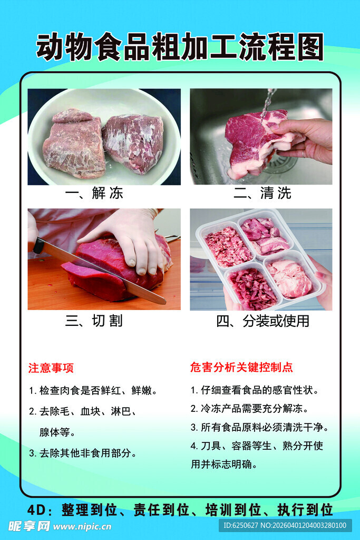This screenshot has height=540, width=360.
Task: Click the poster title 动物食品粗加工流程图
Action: pos(180,47)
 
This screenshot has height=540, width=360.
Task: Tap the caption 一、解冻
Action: pos(94,194)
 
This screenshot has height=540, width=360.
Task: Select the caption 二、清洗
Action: pos(262,194)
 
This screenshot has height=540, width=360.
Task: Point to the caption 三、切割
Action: pos(94,321)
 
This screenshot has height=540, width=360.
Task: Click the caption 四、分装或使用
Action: pos(262,321)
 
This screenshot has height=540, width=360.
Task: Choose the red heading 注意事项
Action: pos(51,368)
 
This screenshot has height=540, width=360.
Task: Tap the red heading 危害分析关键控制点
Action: pos(241,368)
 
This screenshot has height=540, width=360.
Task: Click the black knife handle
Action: pos(38,246)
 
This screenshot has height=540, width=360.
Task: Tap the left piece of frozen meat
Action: pos(74,143)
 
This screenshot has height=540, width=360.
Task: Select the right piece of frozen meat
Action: pos(133,142)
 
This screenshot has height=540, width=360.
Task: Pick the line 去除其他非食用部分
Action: pos(83,453)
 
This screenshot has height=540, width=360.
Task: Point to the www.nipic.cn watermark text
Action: pos(82,526)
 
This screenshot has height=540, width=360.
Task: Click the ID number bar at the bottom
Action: pos(285,525)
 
